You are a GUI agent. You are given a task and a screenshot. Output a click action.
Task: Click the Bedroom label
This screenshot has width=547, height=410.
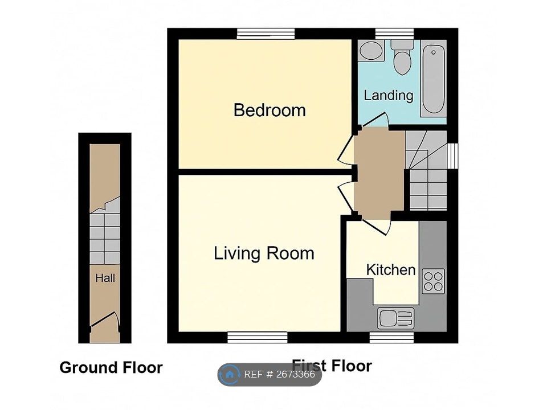[270, 110]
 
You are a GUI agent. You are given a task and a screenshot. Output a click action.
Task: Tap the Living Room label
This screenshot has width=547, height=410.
[264, 253]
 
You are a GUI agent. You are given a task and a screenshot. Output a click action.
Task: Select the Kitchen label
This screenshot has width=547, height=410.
[391, 270]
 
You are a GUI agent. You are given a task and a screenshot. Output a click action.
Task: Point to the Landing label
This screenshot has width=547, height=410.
[388, 96]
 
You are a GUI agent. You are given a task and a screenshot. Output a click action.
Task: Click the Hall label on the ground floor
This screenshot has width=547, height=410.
[105, 278]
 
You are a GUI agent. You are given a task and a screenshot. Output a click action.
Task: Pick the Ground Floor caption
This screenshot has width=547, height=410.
[111, 367]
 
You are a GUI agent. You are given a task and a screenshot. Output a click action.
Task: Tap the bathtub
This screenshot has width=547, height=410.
[433, 79]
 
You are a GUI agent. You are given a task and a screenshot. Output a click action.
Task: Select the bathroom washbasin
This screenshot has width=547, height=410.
[372, 51]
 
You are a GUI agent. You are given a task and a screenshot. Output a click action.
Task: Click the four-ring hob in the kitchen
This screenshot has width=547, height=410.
[433, 281]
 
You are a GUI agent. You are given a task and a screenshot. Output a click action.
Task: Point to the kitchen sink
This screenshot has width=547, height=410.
[395, 318]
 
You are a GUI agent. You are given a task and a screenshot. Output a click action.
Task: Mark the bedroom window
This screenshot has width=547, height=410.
[266, 34]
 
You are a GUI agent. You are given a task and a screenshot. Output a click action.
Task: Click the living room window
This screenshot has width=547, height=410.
[258, 338]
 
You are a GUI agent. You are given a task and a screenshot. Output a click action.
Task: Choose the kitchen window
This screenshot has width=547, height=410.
[392, 338]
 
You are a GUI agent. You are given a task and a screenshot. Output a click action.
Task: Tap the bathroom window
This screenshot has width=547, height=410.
[394, 34]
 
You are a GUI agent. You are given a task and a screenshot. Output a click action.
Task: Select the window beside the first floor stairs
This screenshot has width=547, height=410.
[453, 155]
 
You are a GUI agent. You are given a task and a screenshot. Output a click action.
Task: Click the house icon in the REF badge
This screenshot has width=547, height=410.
[230, 375]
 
